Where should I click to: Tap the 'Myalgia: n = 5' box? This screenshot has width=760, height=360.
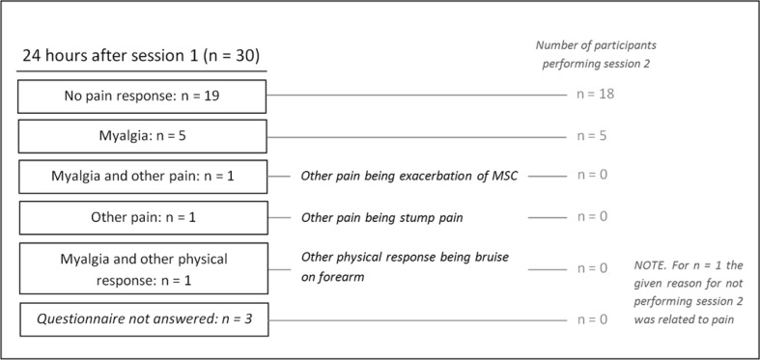[x=141, y=135]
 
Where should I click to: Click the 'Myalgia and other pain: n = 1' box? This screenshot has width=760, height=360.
[x=141, y=176]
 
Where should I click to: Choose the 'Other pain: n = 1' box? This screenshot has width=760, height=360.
[x=141, y=216]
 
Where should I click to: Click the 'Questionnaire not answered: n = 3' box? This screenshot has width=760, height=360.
[x=141, y=319]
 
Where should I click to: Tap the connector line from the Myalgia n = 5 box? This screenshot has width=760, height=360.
[x=415, y=136]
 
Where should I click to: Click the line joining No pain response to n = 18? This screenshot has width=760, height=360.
[x=415, y=96]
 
